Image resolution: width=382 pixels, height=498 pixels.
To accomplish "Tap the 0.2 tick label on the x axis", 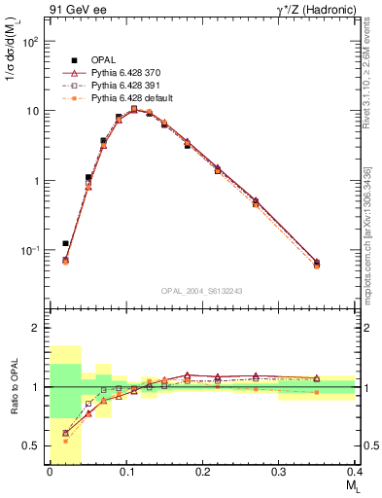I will [202, 471].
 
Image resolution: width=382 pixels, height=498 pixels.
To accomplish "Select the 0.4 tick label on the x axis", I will [355, 471].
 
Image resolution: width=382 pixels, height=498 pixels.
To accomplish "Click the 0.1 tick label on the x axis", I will [125, 471].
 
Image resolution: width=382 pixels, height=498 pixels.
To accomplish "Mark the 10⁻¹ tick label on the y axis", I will [32, 251].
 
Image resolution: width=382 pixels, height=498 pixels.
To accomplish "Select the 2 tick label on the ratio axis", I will [37, 328].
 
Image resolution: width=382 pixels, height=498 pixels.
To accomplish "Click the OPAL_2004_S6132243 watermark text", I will [202, 290].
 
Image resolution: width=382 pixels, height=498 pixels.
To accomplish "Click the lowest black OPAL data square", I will [66, 243].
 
